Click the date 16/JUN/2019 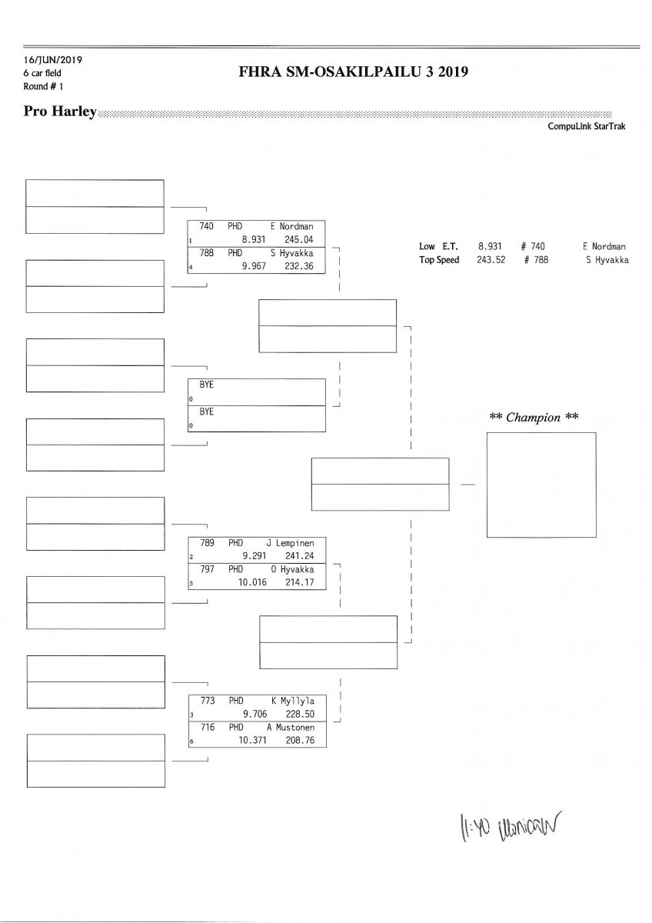point(48,60)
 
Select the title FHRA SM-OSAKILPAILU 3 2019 point(354,72)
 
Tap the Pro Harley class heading point(60,112)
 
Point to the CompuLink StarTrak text point(587,126)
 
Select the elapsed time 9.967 point(254,266)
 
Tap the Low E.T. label point(438,246)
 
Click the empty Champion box point(541,485)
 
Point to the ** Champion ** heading point(534,417)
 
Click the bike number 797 point(208,569)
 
